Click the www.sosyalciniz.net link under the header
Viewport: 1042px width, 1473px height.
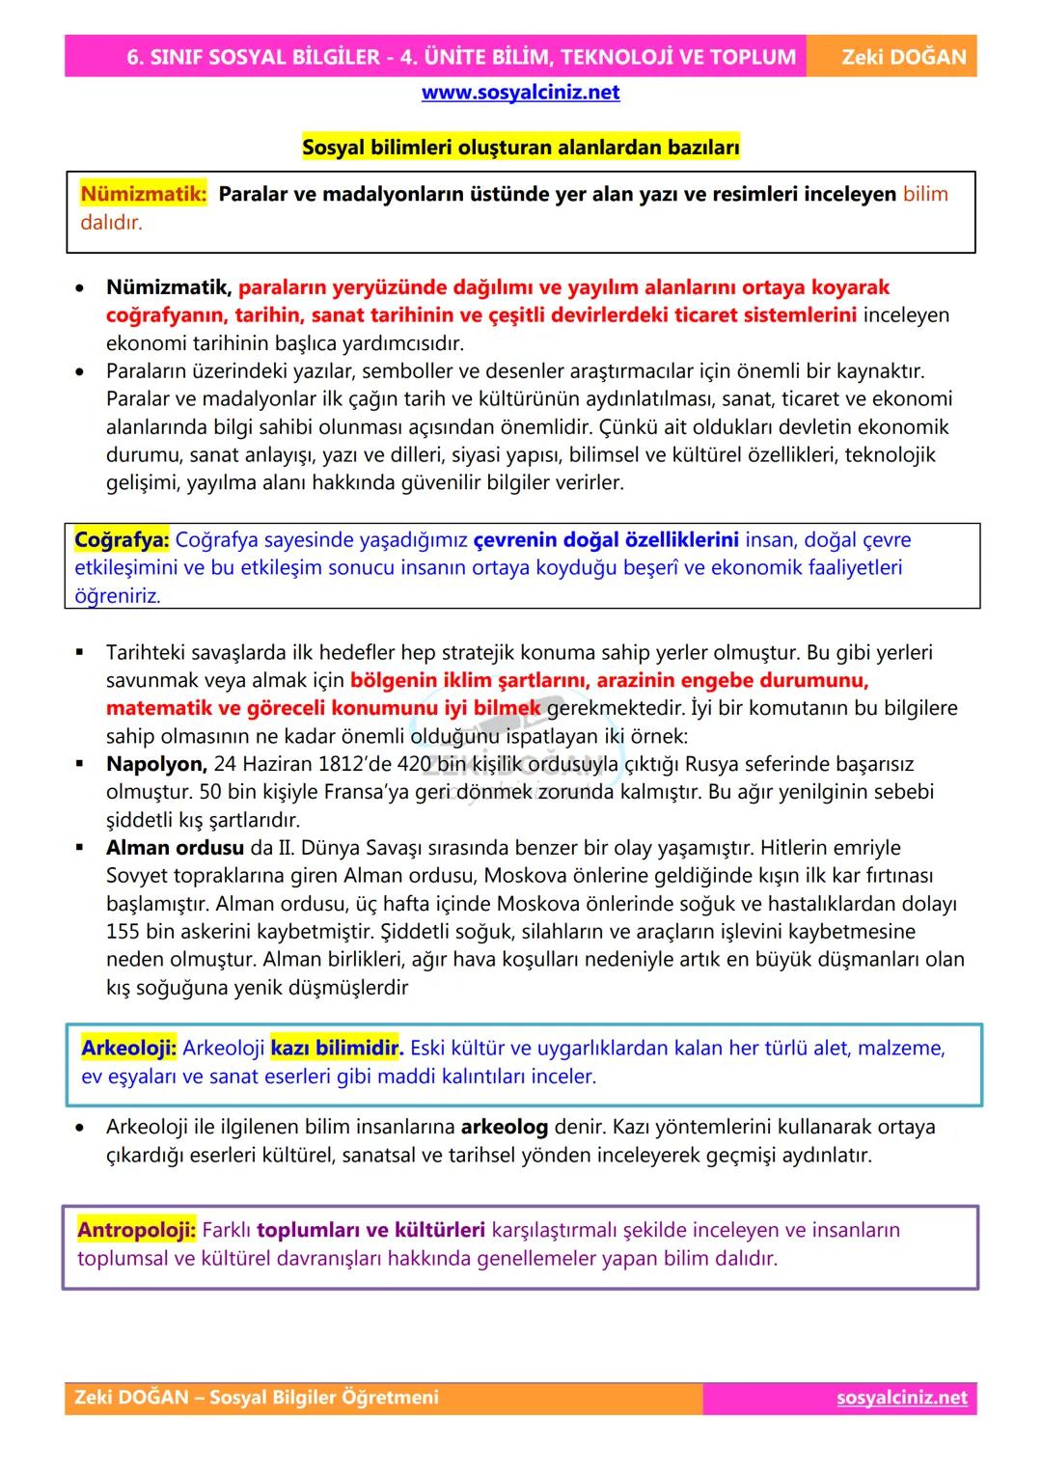[520, 93]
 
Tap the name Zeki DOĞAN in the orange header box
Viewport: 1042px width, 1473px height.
[903, 57]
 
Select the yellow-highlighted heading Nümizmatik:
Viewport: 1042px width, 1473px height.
[143, 194]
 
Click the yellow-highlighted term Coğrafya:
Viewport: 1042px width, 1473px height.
[122, 540]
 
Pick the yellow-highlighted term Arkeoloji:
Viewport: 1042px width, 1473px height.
[128, 1049]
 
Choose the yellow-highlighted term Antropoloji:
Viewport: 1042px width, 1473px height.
[136, 1231]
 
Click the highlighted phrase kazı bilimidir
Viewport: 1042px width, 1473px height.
[335, 1049]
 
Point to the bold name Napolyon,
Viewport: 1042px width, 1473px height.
[156, 765]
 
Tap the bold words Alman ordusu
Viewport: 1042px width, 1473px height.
[175, 849]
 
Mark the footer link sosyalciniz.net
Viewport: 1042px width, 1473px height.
[901, 1398]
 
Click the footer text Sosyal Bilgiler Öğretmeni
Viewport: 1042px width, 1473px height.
[323, 1398]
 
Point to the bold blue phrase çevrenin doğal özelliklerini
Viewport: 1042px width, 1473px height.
[606, 540]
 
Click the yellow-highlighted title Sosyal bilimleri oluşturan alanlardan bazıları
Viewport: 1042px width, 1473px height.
[520, 148]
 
